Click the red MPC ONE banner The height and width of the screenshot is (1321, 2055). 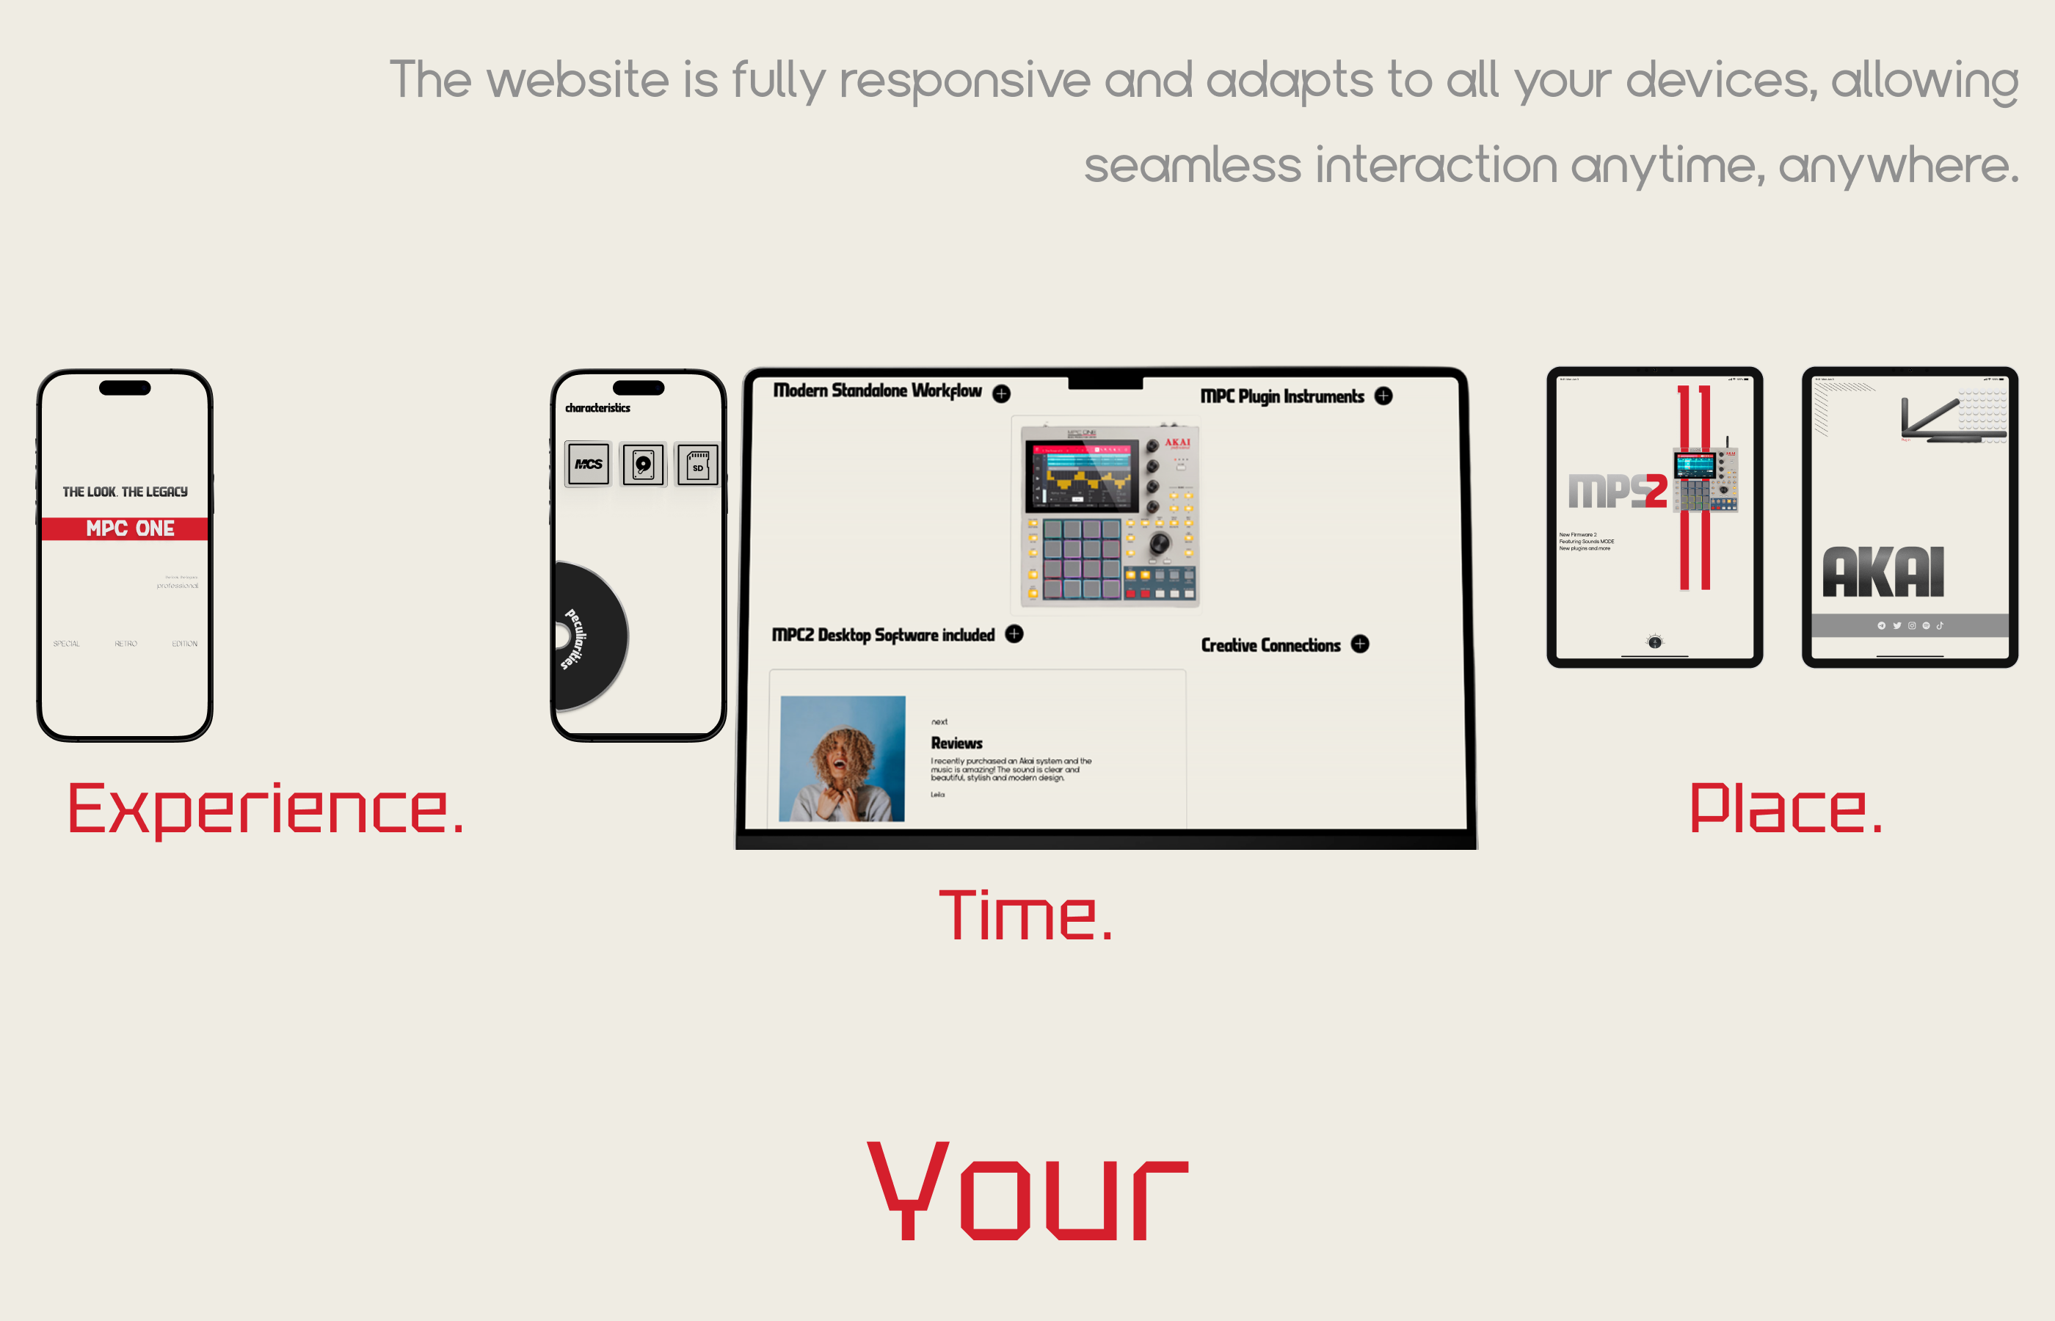126,528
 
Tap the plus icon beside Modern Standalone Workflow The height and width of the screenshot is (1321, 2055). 1001,393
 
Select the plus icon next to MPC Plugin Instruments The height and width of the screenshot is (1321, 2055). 1383,396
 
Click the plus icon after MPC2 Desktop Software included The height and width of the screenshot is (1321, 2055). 1014,634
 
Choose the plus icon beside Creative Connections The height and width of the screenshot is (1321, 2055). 1360,644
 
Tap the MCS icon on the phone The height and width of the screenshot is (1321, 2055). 589,464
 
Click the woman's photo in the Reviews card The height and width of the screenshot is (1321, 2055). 843,758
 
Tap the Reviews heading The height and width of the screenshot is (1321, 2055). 956,743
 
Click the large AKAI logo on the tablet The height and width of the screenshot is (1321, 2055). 1883,572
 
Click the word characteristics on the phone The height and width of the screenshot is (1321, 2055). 598,408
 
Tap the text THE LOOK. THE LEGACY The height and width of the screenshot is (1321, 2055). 126,492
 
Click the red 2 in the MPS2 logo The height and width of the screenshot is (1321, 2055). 1655,491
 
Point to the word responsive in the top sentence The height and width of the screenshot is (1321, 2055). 964,81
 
